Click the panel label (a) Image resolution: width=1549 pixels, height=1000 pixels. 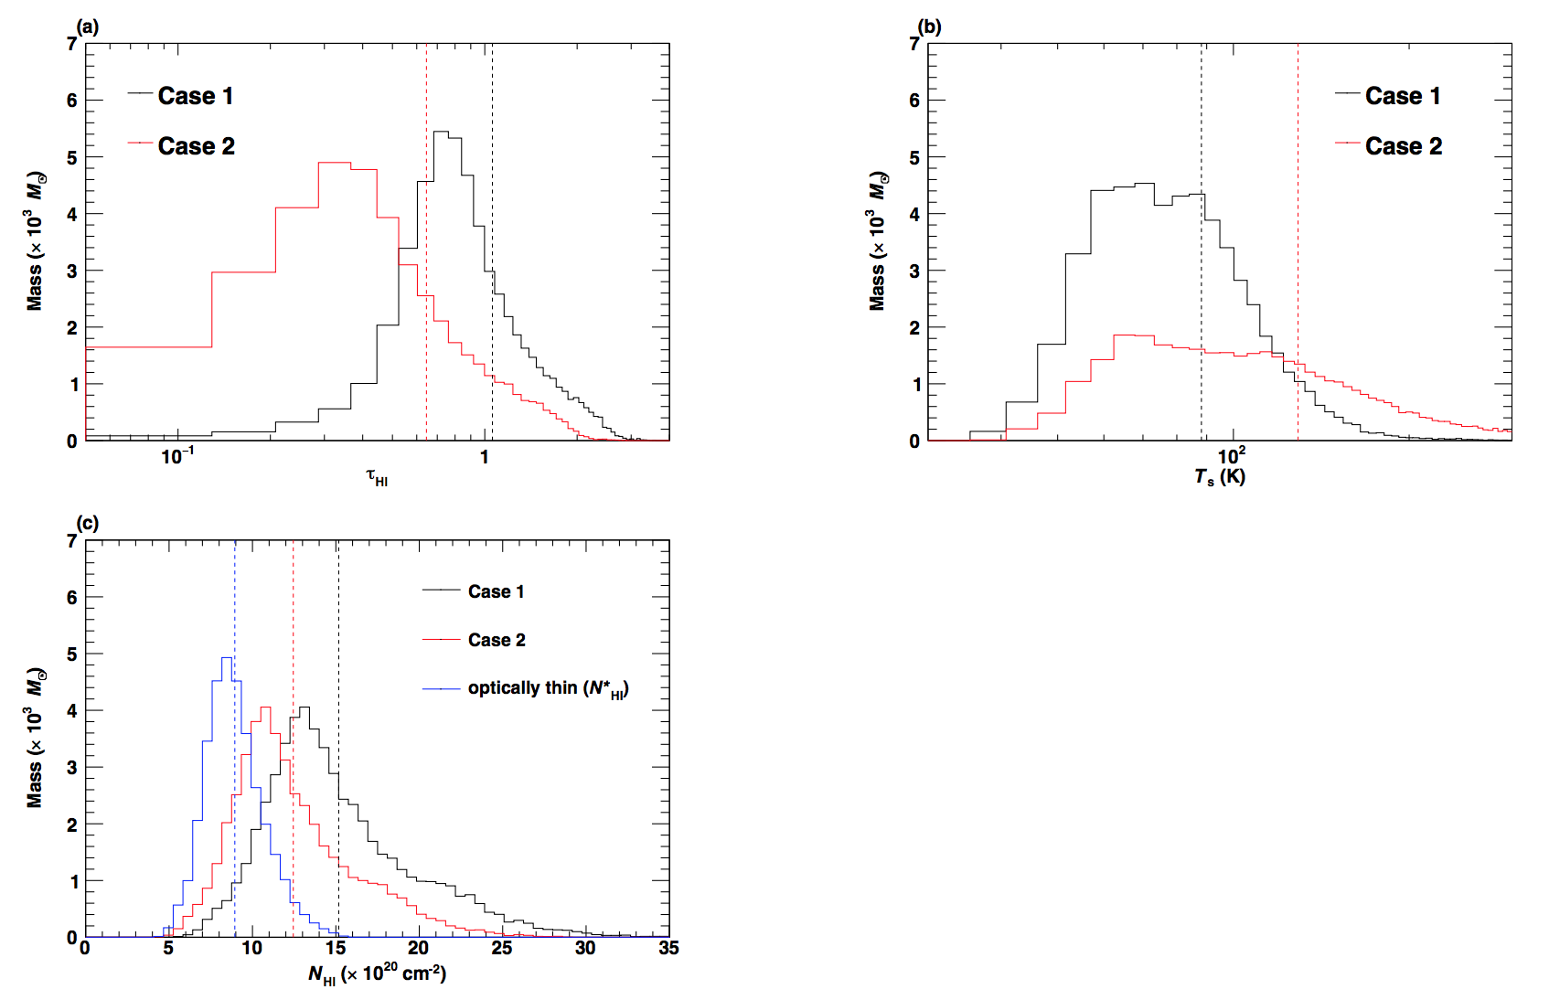(x=88, y=27)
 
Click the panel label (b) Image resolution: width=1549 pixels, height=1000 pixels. (x=930, y=27)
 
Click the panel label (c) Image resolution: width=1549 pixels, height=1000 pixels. (x=88, y=523)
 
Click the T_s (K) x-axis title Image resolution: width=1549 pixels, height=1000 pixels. (x=1219, y=476)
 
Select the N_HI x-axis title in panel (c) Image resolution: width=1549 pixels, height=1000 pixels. (x=377, y=974)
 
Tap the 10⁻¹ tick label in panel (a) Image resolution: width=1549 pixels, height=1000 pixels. (x=177, y=456)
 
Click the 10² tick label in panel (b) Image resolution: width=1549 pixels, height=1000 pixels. (x=1231, y=455)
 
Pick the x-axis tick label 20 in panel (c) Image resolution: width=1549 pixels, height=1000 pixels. (x=418, y=948)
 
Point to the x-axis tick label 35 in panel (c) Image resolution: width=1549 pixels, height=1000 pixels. (x=668, y=948)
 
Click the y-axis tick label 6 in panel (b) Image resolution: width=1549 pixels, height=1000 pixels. (x=914, y=101)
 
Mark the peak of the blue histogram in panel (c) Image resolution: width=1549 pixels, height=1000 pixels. (x=227, y=657)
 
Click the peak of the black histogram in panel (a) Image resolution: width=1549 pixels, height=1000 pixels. (x=441, y=132)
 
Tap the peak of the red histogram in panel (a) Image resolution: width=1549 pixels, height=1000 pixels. (x=335, y=163)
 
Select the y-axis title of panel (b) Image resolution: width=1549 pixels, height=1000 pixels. (x=877, y=240)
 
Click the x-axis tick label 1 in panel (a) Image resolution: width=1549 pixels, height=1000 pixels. (x=485, y=456)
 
